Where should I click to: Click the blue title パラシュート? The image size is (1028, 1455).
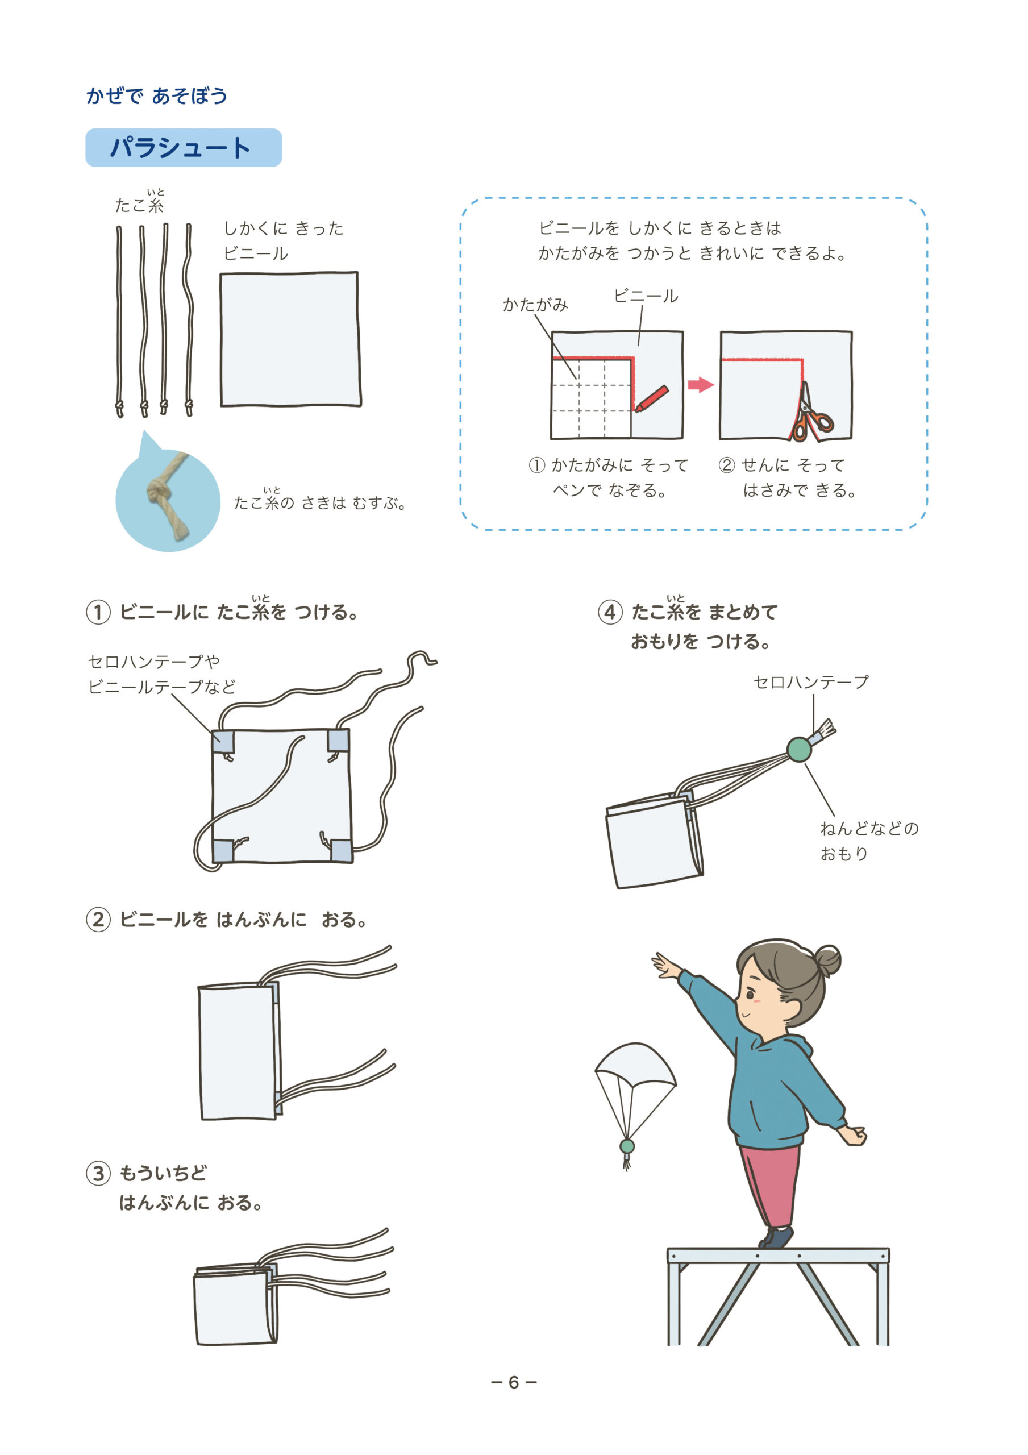[181, 148]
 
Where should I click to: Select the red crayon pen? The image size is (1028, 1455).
[652, 398]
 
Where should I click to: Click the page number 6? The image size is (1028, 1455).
[514, 1382]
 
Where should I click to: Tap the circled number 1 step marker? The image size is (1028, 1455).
[98, 612]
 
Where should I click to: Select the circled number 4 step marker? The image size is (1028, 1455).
[610, 612]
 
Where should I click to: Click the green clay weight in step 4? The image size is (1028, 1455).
[799, 749]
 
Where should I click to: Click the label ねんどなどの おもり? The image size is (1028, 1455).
[869, 841]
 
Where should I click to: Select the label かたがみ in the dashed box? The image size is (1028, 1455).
[535, 305]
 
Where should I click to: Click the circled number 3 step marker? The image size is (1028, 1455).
[98, 1173]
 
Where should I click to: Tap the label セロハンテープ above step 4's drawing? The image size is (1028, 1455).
[811, 682]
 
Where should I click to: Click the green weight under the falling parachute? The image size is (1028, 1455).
[627, 1146]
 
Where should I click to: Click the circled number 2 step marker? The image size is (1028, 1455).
[98, 920]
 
